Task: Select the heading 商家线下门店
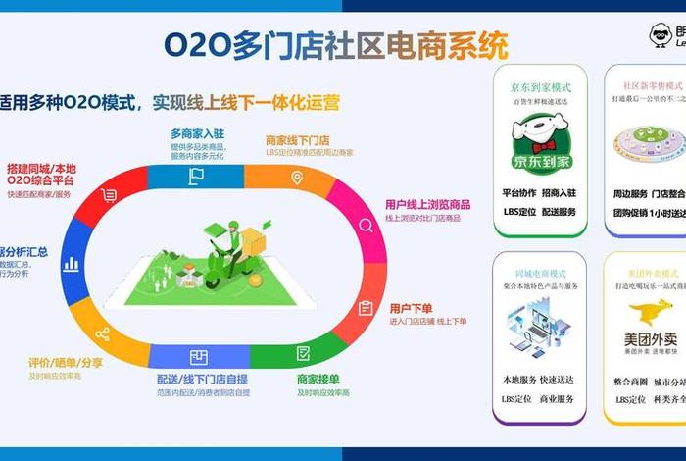[297, 140]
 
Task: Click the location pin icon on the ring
[296, 178]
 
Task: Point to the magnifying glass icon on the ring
[366, 226]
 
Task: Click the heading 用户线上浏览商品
[427, 204]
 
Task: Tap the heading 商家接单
[318, 379]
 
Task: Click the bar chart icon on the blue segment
[71, 263]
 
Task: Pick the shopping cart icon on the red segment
[109, 195]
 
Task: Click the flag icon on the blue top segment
[196, 177]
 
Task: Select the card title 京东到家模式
[540, 86]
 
